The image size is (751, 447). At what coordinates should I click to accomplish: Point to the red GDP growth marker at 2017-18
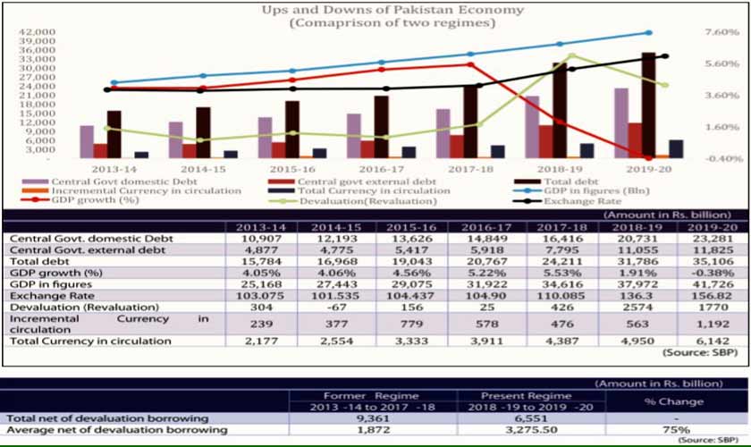tap(470, 64)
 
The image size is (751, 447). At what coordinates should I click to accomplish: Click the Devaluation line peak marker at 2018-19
tap(571, 55)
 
